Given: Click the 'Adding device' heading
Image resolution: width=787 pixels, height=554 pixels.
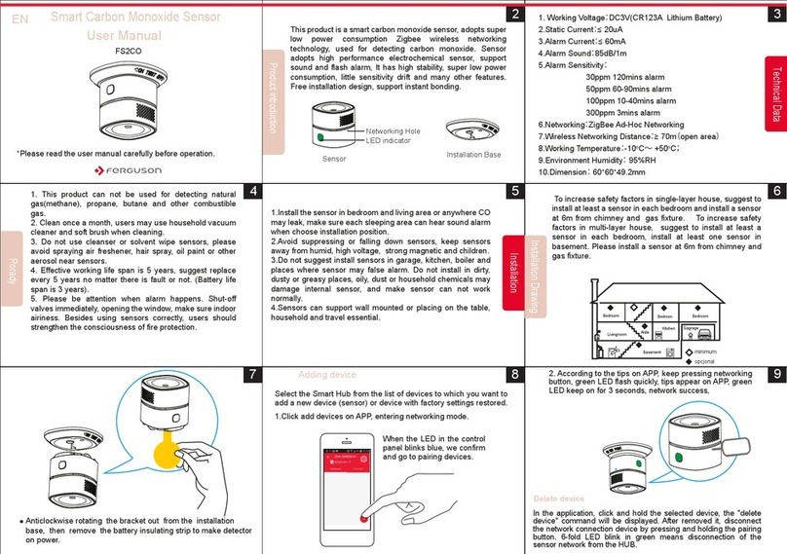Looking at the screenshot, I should point(326,374).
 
